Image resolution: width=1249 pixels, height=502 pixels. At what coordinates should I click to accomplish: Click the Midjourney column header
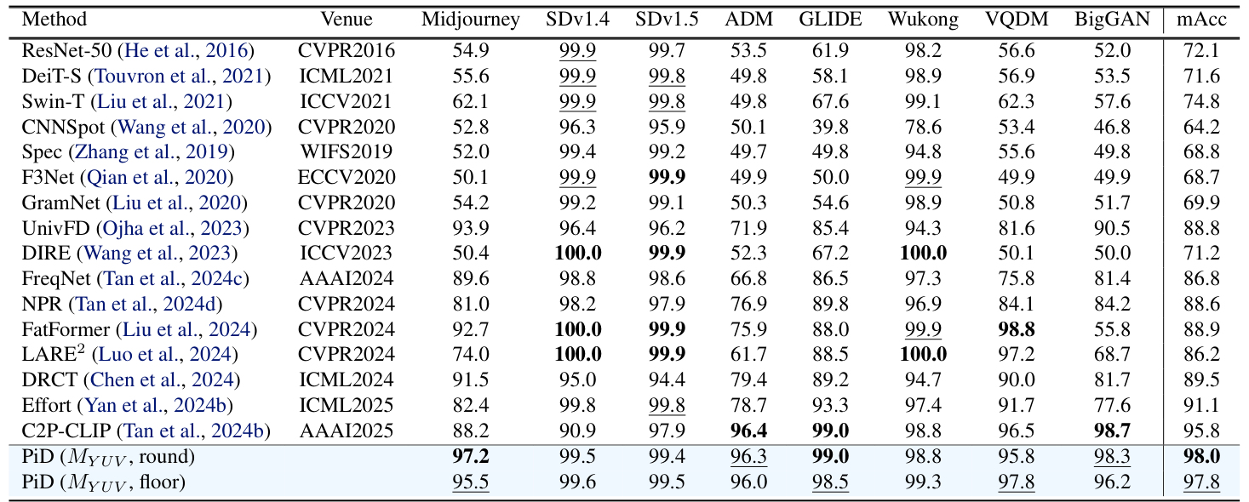[471, 20]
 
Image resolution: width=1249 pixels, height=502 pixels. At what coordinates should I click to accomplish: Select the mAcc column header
[1201, 20]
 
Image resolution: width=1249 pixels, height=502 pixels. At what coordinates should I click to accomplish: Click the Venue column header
[347, 20]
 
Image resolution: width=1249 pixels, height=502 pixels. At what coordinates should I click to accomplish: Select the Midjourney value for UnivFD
[471, 228]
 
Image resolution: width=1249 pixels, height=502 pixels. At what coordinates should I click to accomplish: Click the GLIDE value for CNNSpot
[831, 127]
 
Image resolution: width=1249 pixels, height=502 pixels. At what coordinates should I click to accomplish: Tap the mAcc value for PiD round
[1201, 457]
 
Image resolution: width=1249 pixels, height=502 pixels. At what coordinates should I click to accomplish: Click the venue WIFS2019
[347, 152]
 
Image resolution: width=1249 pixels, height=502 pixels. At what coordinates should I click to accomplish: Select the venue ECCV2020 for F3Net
[347, 178]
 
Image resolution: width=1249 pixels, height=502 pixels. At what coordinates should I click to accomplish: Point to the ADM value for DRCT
[748, 380]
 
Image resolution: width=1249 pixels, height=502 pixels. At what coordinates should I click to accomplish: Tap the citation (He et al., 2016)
[188, 51]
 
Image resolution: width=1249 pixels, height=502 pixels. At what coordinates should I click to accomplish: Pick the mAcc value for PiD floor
[1201, 482]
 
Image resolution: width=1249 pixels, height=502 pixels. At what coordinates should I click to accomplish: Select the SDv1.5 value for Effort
[667, 406]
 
